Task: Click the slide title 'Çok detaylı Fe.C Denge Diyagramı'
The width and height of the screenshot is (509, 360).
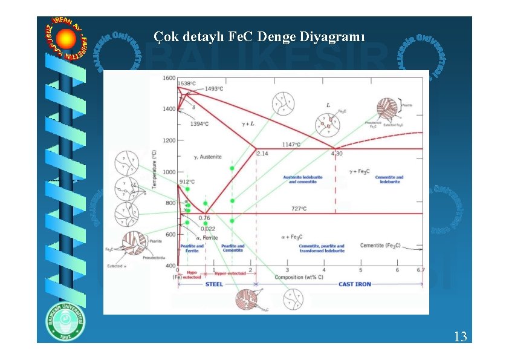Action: pyautogui.click(x=259, y=37)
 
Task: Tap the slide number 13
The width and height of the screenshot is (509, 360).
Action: pyautogui.click(x=460, y=336)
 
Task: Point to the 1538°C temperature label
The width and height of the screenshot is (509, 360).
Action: pyautogui.click(x=187, y=83)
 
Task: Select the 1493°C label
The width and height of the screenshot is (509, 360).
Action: pyautogui.click(x=215, y=89)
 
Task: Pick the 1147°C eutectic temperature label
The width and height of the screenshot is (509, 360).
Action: pyautogui.click(x=294, y=145)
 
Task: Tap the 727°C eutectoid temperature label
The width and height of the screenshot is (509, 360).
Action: pyautogui.click(x=299, y=209)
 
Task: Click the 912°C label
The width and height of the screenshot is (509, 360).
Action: pyautogui.click(x=187, y=182)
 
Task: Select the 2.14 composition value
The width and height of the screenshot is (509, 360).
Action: pyautogui.click(x=262, y=154)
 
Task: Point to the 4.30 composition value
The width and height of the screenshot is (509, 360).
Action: pyautogui.click(x=337, y=154)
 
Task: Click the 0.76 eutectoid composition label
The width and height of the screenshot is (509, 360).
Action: pyautogui.click(x=204, y=218)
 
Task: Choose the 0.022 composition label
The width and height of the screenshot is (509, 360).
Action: pyautogui.click(x=208, y=229)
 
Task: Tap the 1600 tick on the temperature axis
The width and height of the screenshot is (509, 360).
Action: pyautogui.click(x=169, y=78)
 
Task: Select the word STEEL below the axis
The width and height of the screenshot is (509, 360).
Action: pyautogui.click(x=214, y=284)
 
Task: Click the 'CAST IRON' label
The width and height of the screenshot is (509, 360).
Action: pyautogui.click(x=355, y=284)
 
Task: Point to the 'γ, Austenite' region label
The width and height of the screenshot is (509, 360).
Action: pyautogui.click(x=208, y=157)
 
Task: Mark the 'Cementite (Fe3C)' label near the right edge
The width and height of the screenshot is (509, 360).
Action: pyautogui.click(x=380, y=246)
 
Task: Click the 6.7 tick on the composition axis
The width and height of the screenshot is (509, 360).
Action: pyautogui.click(x=421, y=270)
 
